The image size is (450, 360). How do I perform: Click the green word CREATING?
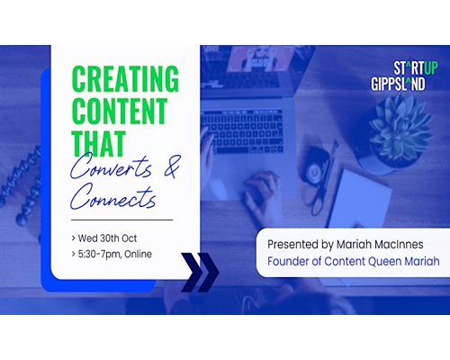pos(125,78)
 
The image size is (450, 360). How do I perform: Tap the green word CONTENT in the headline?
pos(120,111)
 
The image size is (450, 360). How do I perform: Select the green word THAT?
pos(98,143)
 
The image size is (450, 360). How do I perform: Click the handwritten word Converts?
pos(111,167)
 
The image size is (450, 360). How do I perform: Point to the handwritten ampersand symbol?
pos(172,166)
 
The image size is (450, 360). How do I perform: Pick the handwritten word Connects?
pos(113,196)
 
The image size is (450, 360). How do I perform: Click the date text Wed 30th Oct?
pos(107,238)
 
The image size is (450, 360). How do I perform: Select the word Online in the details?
pos(138,254)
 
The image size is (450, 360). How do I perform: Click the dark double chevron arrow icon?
pos(200,273)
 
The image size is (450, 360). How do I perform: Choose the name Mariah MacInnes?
pos(380,244)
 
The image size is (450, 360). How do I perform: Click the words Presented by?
pos(301,245)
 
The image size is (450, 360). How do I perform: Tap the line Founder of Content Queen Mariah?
pos(354,261)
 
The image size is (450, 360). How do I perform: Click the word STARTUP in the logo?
pos(416,68)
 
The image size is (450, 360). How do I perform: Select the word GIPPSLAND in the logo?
pos(398,84)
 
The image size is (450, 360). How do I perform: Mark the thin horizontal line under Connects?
pos(122,220)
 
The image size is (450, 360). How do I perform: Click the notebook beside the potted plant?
pos(360,199)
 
